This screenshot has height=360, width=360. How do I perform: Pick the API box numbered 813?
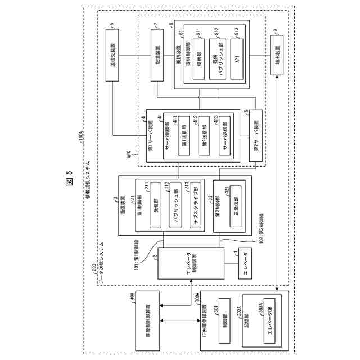pyautogui.click(x=237, y=57)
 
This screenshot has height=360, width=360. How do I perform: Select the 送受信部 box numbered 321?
pyautogui.click(x=235, y=205)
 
